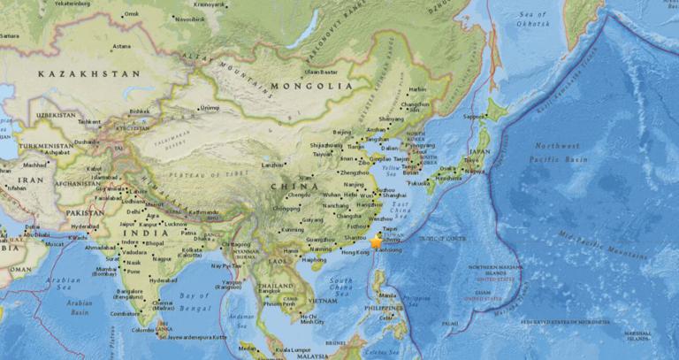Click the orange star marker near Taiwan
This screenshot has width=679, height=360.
pos(376,241)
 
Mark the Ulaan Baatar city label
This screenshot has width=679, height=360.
pos(322,71)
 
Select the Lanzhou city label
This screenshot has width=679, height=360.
pos(272,165)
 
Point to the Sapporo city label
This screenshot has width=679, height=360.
pos(475,116)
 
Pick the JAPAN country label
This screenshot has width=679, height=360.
pos(478,150)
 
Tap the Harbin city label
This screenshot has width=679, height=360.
pos(417,88)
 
